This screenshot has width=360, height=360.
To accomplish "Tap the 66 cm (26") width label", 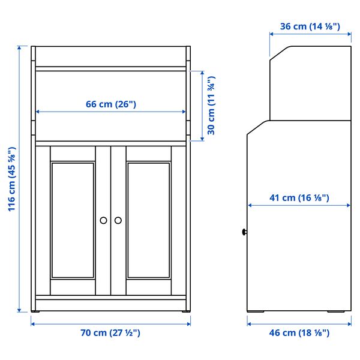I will point(111,104).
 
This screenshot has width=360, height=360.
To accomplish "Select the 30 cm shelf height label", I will point(211,106).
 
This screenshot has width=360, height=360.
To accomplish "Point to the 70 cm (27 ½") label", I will point(111,332).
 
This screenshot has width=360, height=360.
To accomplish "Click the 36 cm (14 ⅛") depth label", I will point(310,26).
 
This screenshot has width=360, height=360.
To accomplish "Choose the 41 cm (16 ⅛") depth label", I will point(299,198).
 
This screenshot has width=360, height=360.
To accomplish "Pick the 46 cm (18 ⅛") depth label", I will point(299,332).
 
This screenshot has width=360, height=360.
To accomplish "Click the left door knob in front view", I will point(104,220).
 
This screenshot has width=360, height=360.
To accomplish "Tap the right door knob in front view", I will point(118,220).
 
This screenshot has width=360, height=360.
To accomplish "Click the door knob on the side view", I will point(245,232).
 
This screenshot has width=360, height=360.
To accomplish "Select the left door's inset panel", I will point(73,220).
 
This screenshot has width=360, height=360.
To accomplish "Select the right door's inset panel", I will point(149,220).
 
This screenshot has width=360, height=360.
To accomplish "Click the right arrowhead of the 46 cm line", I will point(349,323).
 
